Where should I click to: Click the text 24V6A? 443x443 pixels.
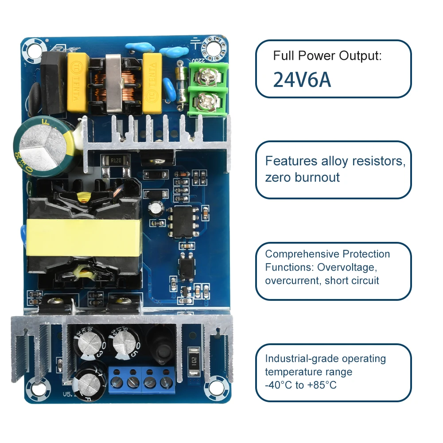pos(302,79)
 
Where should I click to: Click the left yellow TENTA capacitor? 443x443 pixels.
pos(78,83)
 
